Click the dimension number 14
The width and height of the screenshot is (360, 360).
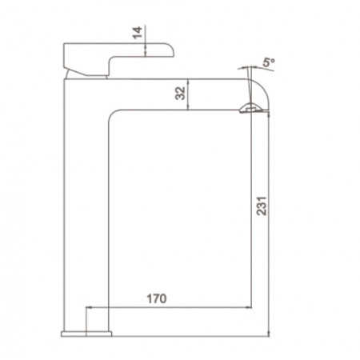138,33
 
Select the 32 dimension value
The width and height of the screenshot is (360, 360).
180,93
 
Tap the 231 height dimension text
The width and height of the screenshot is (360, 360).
262,206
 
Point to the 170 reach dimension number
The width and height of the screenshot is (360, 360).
157,298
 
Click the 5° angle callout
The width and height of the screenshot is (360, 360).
268,62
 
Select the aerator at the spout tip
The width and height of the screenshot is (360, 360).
251,108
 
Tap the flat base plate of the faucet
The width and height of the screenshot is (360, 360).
86,334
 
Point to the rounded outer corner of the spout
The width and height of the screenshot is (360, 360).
262,86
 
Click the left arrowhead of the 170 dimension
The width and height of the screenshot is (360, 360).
89,307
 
